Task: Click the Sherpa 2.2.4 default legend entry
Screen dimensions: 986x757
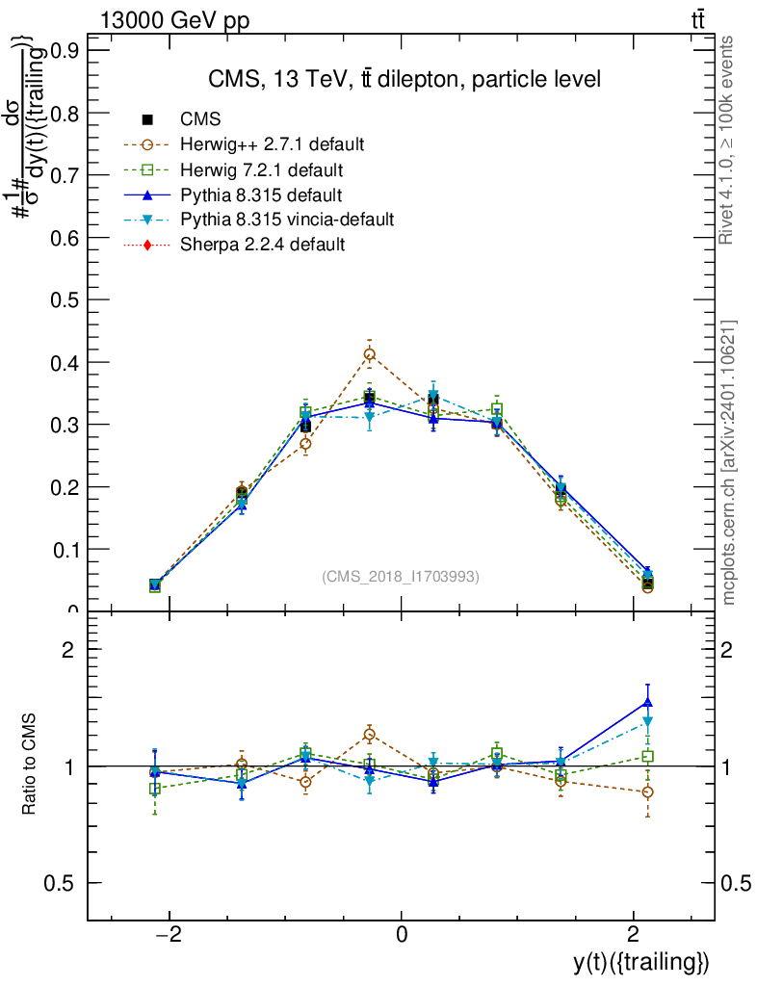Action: (262, 245)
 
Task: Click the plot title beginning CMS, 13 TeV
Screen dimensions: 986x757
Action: (405, 80)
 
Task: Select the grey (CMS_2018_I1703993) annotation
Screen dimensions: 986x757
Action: (400, 577)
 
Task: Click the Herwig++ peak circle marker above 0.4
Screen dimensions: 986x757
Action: (369, 354)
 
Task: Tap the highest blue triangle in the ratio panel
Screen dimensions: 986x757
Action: (647, 702)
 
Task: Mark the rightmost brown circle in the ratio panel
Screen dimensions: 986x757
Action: (647, 792)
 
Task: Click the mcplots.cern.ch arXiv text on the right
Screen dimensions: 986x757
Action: (730, 462)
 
